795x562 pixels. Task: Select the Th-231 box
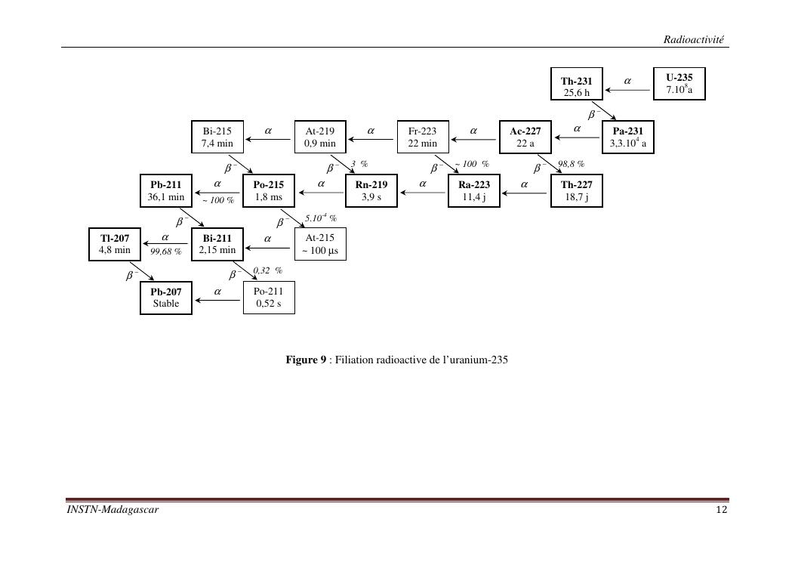[576, 86]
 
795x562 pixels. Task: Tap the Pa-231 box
[627, 137]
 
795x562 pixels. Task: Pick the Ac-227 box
[525, 137]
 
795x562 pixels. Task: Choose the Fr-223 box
[422, 137]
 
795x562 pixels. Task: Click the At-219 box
[319, 137]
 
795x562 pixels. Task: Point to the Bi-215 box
[217, 137]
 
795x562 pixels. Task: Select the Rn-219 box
[371, 190]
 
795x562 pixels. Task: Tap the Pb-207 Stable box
[166, 298]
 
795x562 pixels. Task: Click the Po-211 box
[268, 298]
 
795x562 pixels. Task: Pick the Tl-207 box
[115, 244]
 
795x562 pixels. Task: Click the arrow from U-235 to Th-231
[630, 90]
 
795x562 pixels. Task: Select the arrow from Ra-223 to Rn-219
[424, 193]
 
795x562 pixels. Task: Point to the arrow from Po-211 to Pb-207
[218, 300]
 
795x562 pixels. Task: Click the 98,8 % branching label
[571, 164]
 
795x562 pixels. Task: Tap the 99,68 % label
[165, 252]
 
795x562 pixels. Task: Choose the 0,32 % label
[267, 270]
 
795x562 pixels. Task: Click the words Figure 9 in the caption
[305, 360]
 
